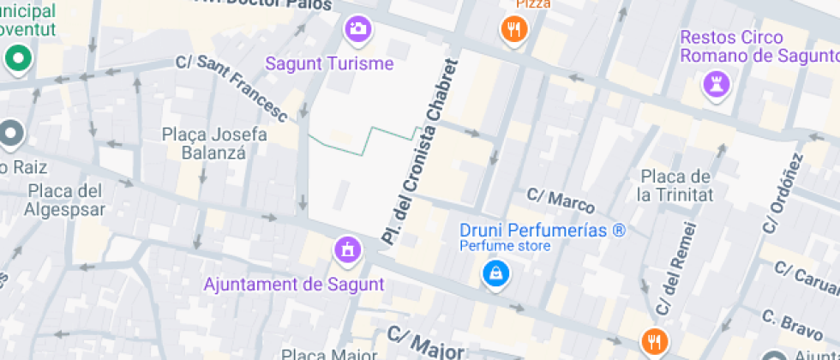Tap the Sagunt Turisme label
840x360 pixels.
(329, 63)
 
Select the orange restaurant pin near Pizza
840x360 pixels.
(513, 31)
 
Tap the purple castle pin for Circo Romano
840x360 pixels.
(716, 84)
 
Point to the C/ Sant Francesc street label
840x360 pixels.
(231, 86)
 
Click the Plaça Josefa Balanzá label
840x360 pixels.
(214, 144)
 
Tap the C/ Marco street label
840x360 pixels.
(561, 201)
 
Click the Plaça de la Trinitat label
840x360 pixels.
(677, 185)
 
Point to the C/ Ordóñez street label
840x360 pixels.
(782, 194)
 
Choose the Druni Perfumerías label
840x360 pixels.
(543, 231)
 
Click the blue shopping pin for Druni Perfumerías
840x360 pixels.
(495, 274)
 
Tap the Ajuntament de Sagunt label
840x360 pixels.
(294, 284)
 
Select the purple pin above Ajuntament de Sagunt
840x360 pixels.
(348, 249)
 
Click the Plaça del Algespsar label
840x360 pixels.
(65, 200)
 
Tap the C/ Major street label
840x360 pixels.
(425, 343)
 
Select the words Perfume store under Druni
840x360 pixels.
(505, 247)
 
